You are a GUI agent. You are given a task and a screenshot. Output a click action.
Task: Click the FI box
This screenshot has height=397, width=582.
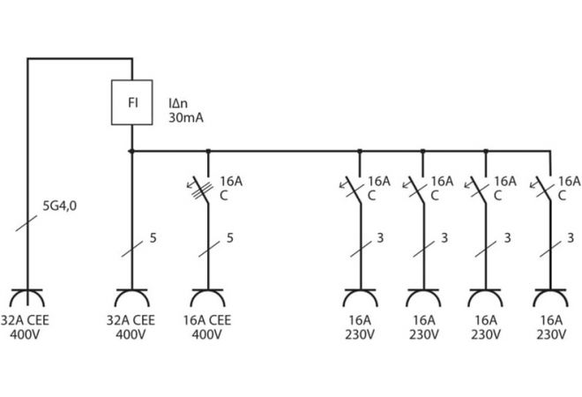[131, 102]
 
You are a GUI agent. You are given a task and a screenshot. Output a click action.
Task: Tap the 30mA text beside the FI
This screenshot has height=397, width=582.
[185, 117]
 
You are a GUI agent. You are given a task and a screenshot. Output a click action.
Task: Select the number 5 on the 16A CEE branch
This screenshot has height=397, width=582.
[229, 237]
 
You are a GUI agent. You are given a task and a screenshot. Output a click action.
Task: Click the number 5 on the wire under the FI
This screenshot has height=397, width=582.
[153, 237]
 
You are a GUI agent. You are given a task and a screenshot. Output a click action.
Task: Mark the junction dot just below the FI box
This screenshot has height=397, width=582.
[131, 151]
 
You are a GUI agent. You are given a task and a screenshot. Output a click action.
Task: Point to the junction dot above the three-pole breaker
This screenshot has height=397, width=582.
[207, 151]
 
